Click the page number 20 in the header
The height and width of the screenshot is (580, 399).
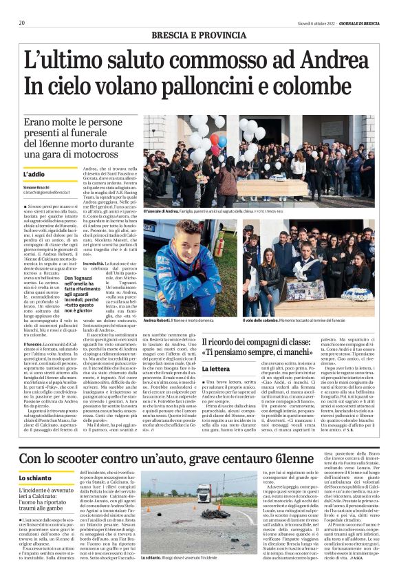coord(22,23)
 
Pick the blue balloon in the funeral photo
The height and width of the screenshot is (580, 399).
coord(222,141)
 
